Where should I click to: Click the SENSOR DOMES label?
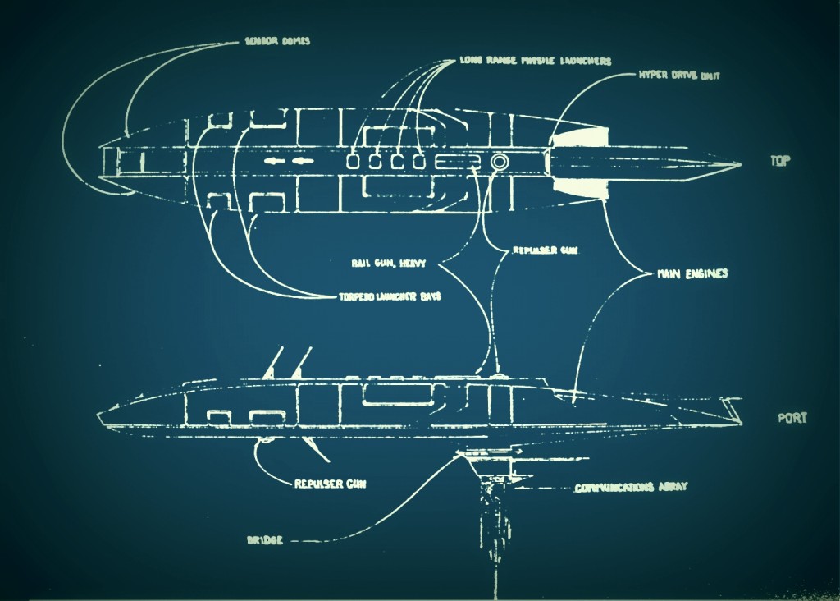pos(277,40)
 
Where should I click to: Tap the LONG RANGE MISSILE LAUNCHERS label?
pos(535,61)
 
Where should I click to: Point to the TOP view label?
pos(780,161)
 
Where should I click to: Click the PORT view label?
pos(792,418)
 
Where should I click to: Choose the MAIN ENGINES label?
pos(692,273)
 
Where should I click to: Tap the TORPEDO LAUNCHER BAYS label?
pos(390,296)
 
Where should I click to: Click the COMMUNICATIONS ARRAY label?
pos(630,487)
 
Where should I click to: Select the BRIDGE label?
pos(265,541)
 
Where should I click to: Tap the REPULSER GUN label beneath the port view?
pos(330,484)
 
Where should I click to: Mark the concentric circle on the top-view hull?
pos(498,162)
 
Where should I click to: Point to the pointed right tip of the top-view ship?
pos(738,164)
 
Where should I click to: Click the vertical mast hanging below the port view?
pos(490,517)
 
